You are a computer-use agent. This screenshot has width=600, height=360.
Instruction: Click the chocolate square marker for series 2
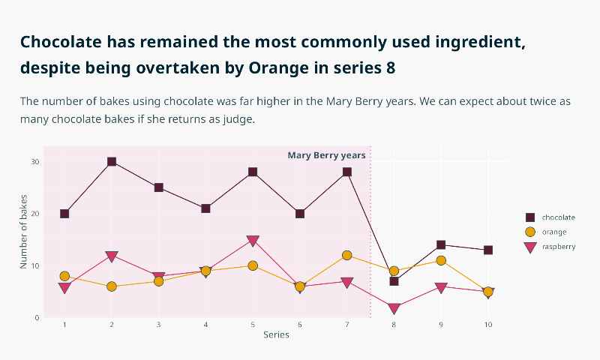click(112, 162)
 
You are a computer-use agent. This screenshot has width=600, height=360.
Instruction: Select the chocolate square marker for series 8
click(394, 281)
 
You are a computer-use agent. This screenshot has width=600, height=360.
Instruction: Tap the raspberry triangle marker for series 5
click(253, 241)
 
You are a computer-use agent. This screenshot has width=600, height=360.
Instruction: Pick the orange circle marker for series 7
click(347, 255)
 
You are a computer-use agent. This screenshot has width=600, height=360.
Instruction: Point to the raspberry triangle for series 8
click(394, 308)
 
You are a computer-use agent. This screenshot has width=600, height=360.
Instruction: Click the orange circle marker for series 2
click(112, 286)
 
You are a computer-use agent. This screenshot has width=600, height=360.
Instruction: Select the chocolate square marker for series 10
click(488, 250)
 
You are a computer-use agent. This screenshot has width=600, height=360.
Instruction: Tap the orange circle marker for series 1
click(64, 276)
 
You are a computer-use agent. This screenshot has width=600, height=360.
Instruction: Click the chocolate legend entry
click(550, 217)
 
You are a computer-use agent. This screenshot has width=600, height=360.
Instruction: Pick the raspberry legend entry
click(550, 247)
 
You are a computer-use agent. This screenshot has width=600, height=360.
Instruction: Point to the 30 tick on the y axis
click(34, 162)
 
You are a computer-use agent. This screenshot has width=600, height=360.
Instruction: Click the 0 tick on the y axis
click(37, 317)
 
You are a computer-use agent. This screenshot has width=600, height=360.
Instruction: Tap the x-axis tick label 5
click(253, 325)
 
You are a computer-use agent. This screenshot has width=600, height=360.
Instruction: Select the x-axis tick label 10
click(488, 325)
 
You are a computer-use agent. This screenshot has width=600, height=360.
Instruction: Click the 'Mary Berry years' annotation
click(326, 155)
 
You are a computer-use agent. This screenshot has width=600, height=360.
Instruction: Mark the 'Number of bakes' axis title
click(24, 232)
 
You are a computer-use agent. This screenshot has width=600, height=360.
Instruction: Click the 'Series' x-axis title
click(276, 335)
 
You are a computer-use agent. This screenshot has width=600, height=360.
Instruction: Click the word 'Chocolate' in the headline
click(61, 42)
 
